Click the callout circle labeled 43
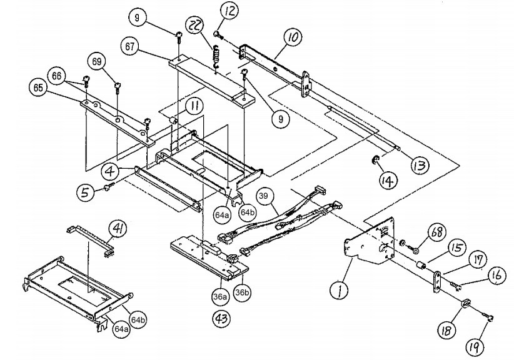coord(221,318)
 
